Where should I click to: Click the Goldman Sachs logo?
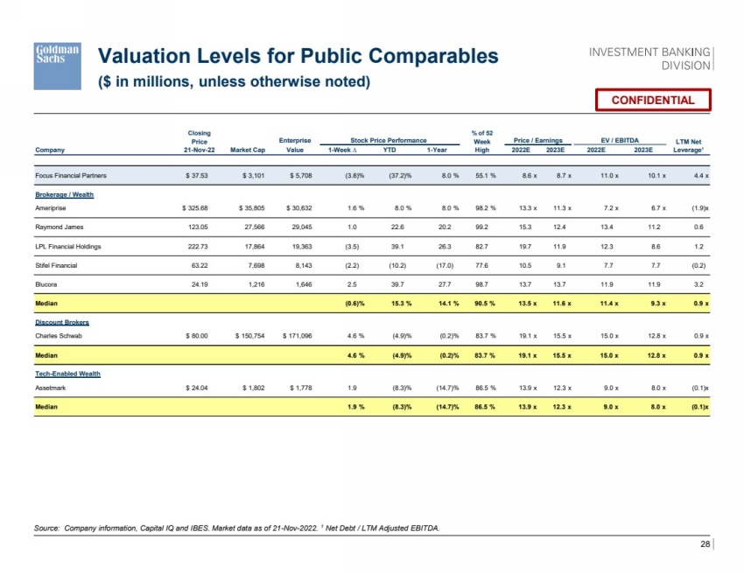pyautogui.click(x=57, y=66)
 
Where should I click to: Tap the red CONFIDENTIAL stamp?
pyautogui.click(x=652, y=100)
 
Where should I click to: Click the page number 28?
pyautogui.click(x=705, y=545)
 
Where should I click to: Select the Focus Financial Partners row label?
pyautogui.click(x=72, y=176)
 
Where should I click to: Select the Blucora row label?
pyautogui.click(x=47, y=285)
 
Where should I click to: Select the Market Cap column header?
pyautogui.click(x=247, y=150)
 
